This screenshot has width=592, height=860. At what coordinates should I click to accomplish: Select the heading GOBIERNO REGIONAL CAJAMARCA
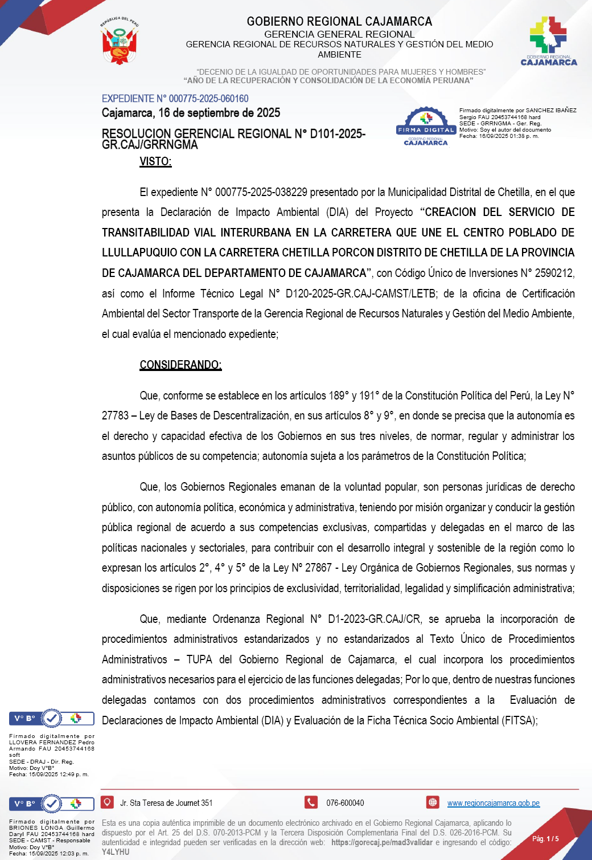(339, 22)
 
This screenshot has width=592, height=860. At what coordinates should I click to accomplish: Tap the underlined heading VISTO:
(155, 161)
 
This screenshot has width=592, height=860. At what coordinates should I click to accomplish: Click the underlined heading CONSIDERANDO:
(180, 365)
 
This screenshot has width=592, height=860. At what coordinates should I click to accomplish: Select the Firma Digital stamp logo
(426, 126)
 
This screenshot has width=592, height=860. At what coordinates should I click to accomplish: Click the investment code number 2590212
(553, 273)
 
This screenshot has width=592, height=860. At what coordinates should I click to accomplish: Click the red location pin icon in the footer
(107, 802)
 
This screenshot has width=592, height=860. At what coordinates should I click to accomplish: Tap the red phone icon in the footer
(311, 802)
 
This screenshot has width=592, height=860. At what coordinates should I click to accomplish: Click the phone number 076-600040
(345, 803)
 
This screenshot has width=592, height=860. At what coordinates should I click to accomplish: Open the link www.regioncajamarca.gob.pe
(493, 803)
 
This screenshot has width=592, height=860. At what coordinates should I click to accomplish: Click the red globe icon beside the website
(433, 802)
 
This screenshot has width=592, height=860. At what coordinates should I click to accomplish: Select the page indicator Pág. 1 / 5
(545, 838)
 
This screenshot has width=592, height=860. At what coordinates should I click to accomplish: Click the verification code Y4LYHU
(116, 852)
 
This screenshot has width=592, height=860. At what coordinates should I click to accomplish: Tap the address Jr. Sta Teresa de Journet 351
(166, 803)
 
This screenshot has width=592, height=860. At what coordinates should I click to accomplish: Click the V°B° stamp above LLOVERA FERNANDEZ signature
(51, 719)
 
